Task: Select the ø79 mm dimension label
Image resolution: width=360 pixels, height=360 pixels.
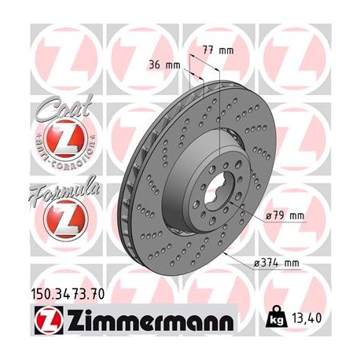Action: coord(284,214)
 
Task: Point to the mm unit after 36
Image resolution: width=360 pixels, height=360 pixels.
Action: coord(172,66)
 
